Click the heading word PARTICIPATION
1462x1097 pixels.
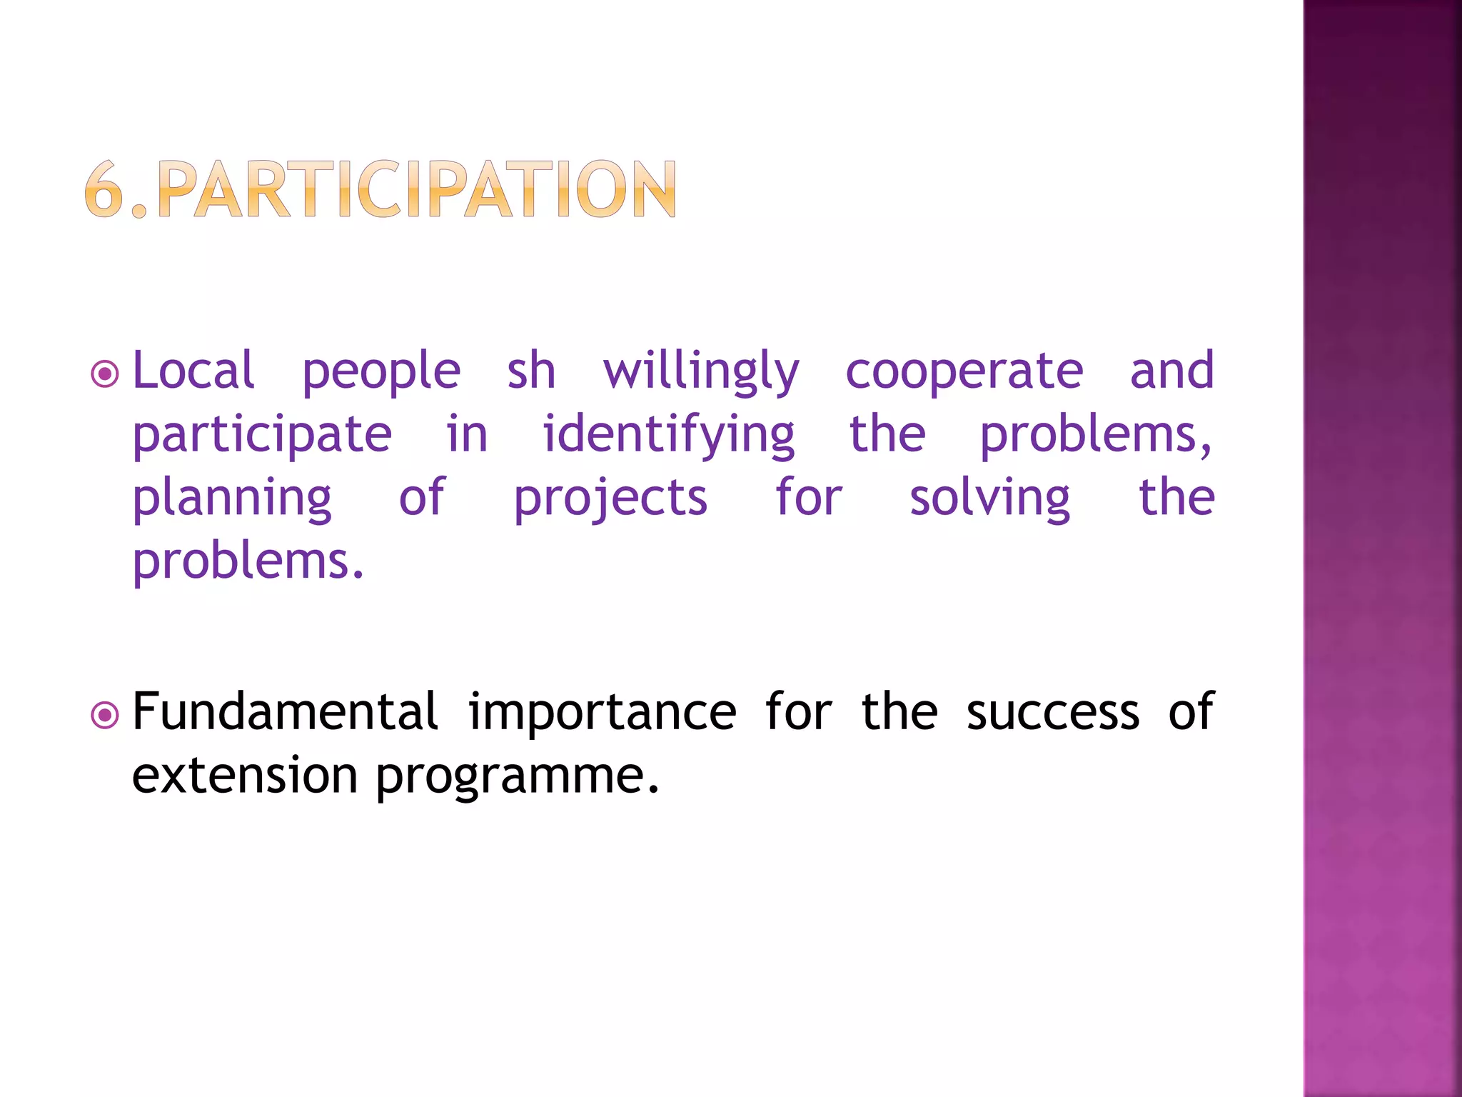417,189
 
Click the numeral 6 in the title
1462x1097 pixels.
104,189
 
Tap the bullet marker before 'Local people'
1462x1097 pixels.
105,374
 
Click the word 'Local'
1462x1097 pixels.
193,371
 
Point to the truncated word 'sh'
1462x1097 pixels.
531,371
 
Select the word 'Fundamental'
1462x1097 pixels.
285,712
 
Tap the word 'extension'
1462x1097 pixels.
245,776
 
